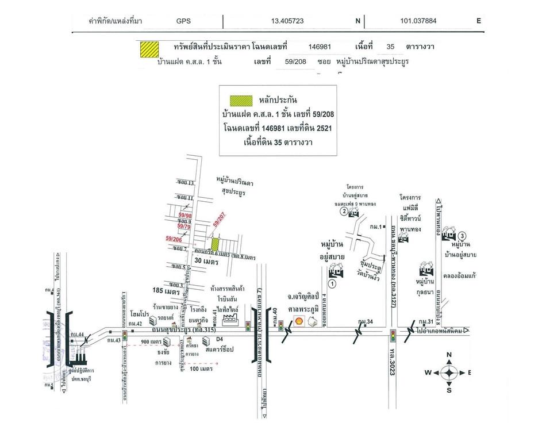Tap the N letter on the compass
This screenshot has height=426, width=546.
point(449,355)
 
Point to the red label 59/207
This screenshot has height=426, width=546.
point(221,220)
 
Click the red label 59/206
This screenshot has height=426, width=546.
point(174,238)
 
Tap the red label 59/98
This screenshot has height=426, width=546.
point(185,216)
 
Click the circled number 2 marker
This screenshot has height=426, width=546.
point(343,212)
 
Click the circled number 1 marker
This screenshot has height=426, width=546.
point(331,283)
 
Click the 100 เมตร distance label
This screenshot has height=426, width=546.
point(202,369)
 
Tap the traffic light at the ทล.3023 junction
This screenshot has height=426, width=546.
point(393,335)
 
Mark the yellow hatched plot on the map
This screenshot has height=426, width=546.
point(215,244)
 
